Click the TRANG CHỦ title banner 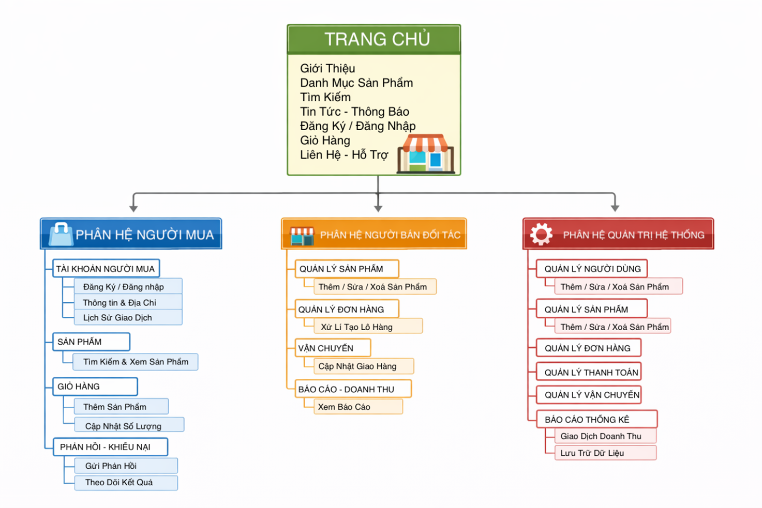tap(374, 39)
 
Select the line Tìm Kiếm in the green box tap(325, 97)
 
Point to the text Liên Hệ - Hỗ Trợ tap(344, 155)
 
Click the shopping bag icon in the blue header tap(61, 234)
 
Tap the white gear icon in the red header tap(541, 234)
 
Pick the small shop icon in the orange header tap(302, 236)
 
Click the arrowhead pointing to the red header tap(615, 208)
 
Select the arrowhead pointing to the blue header tap(133, 208)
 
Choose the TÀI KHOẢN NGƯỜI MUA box tap(106, 268)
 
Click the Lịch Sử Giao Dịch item tap(128, 318)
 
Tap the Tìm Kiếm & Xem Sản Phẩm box tap(136, 362)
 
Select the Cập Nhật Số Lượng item tap(129, 425)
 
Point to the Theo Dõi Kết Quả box tap(126, 483)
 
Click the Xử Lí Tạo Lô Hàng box tap(368, 326)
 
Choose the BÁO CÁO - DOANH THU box tap(353, 389)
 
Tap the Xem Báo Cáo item tap(358, 407)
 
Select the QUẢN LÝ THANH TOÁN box tap(589, 372)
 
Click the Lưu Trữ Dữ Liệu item tap(606, 453)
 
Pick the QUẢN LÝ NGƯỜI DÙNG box tap(592, 268)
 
